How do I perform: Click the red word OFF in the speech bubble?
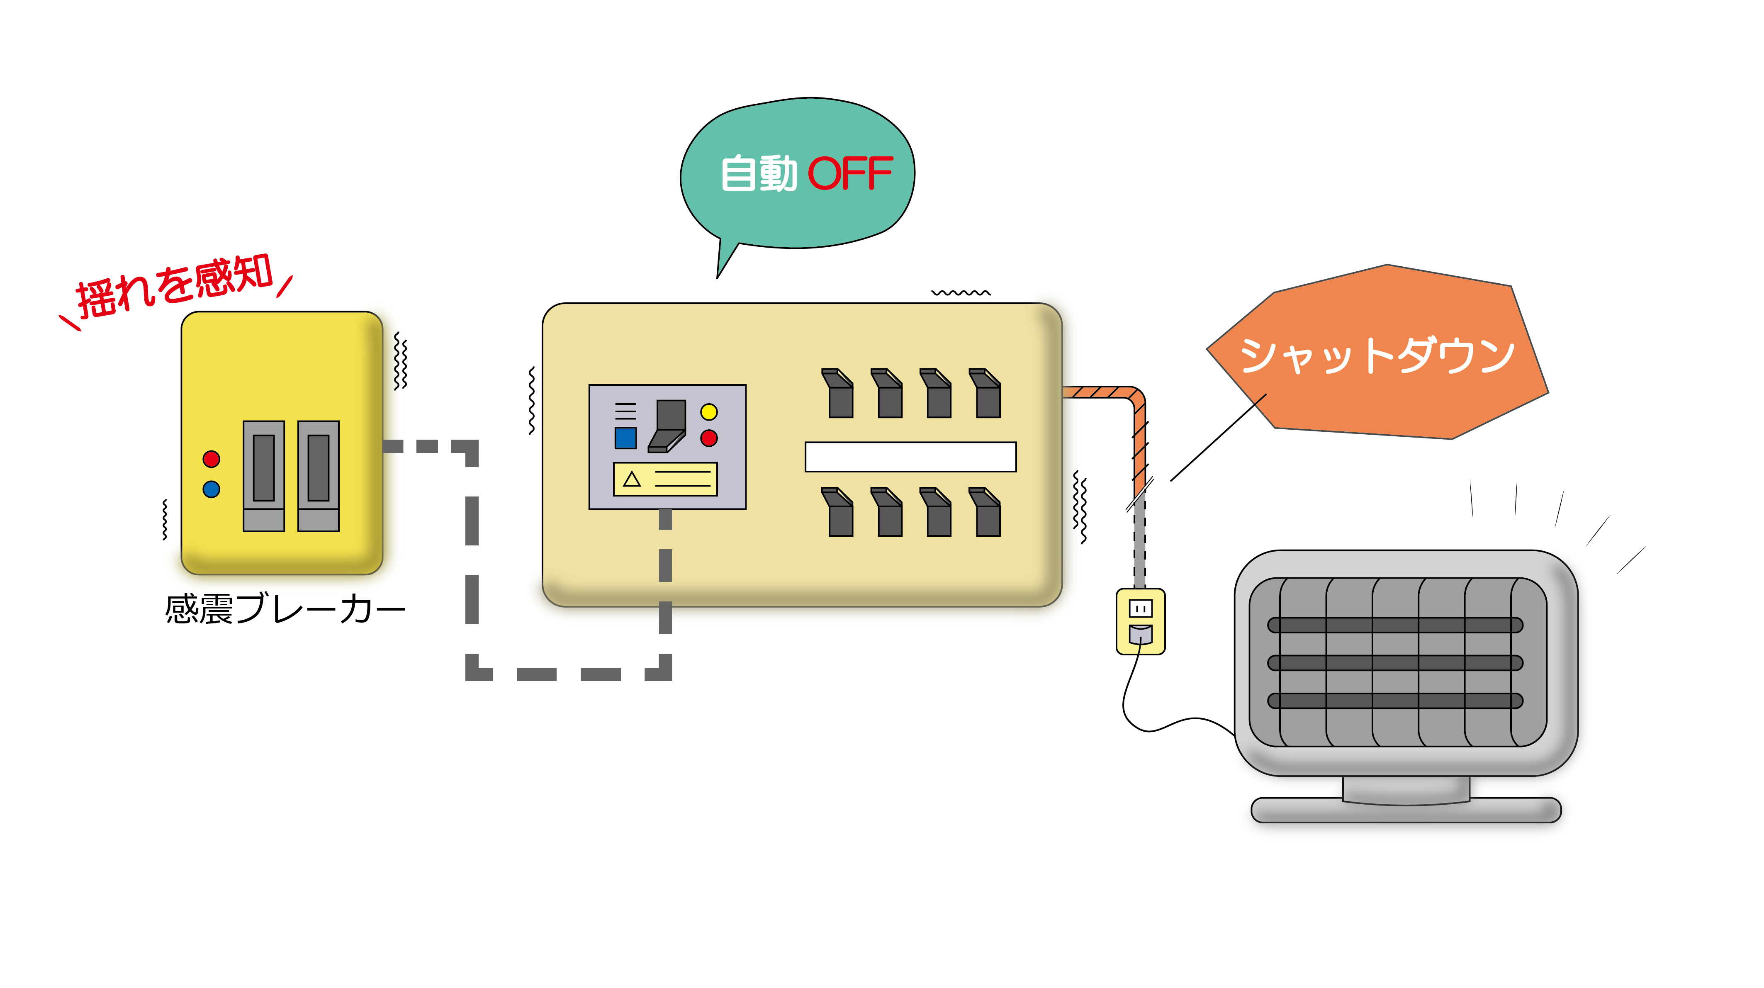[x=851, y=173]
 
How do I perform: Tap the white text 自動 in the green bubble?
[x=759, y=173]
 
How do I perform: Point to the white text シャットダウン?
[x=1377, y=355]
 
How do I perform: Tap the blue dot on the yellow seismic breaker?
[x=212, y=489]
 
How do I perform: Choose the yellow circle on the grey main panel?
[x=709, y=411]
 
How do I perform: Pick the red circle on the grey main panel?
[x=709, y=438]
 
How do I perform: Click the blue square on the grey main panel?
[x=625, y=438]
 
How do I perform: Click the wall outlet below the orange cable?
[x=1140, y=621]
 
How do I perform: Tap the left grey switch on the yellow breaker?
[x=264, y=476]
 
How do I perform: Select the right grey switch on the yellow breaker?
[x=319, y=476]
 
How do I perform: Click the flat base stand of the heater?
[x=1406, y=811]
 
